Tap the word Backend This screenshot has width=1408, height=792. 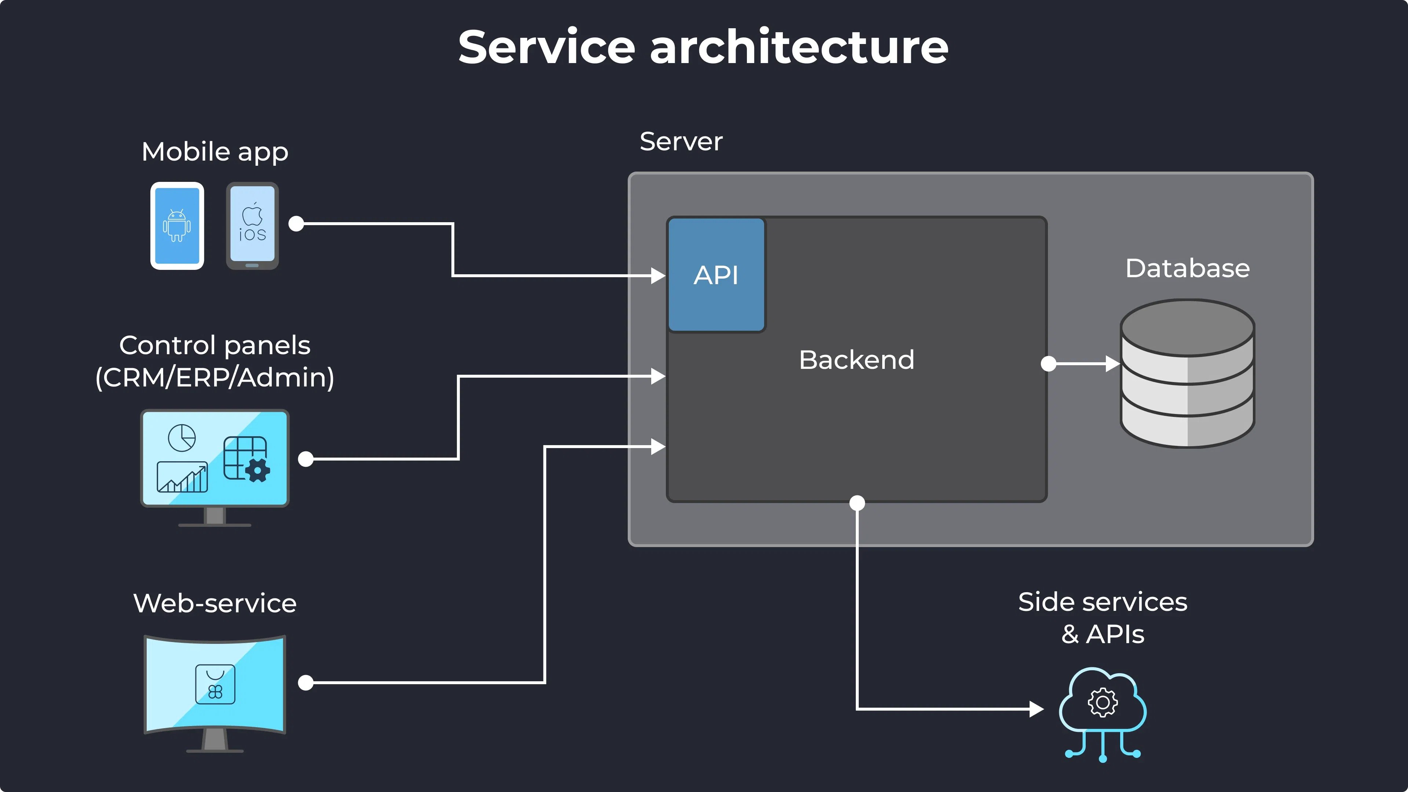click(857, 360)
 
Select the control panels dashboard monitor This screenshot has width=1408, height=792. click(215, 459)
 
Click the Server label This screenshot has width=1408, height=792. click(681, 142)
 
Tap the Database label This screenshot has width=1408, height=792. click(1187, 268)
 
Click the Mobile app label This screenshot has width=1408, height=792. click(215, 151)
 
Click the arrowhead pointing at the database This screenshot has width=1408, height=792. click(1113, 363)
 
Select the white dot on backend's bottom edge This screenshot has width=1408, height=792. click(857, 503)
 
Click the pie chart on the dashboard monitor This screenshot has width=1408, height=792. click(182, 438)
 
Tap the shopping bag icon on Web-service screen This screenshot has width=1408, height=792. click(215, 684)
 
